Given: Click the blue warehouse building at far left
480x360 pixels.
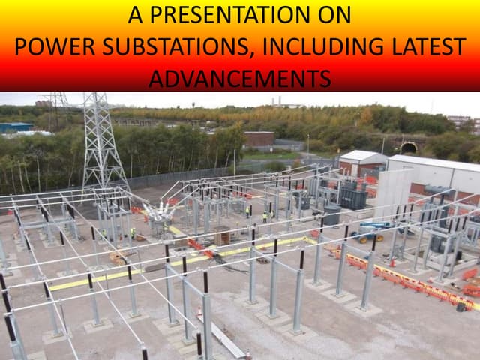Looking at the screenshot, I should point(15,127).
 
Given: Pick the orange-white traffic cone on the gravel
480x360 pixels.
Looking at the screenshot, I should point(199,310).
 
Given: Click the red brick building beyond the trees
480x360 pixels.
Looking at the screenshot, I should point(259,139).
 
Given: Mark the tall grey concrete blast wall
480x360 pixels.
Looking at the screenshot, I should point(393,191).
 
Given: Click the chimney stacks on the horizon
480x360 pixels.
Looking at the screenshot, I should point(277,100).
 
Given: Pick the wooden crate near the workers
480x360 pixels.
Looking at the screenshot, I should point(222,236).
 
